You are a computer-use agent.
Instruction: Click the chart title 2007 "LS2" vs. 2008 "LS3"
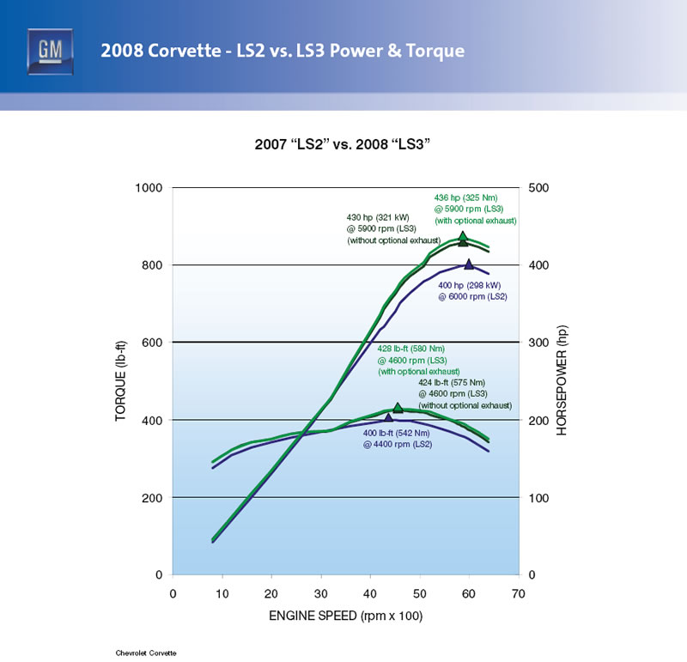(343, 145)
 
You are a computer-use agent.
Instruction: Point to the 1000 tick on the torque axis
(151, 188)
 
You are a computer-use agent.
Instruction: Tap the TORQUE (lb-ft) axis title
(120, 380)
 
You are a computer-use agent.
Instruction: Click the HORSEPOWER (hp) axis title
(562, 381)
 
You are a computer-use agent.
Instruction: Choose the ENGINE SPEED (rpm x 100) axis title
(346, 616)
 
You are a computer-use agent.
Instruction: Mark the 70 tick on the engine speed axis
(519, 593)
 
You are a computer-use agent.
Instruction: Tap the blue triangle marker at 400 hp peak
(469, 264)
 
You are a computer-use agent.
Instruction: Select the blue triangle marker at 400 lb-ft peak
(389, 418)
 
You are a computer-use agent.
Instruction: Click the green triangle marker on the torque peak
(398, 408)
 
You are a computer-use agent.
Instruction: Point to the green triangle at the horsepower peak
(463, 238)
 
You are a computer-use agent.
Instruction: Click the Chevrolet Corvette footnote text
(146, 653)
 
